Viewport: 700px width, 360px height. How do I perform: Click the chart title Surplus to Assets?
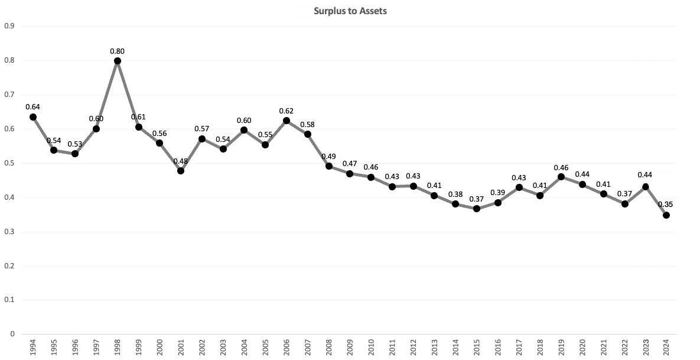[x=350, y=10]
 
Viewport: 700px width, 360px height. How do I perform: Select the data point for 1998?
[x=118, y=60]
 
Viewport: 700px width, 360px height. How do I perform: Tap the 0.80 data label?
[x=118, y=51]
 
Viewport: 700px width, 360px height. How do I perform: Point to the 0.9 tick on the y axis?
[x=9, y=26]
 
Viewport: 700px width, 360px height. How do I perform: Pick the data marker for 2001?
[x=181, y=171]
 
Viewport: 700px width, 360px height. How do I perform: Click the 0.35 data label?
[x=666, y=205]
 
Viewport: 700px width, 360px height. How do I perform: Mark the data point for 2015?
[x=477, y=208]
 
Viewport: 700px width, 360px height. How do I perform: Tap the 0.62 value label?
[x=286, y=111]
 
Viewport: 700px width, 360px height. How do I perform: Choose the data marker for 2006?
[x=286, y=121]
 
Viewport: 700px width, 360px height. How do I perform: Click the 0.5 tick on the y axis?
[x=9, y=163]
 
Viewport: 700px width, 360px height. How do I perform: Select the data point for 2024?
[x=666, y=215]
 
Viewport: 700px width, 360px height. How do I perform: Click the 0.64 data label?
[x=33, y=106]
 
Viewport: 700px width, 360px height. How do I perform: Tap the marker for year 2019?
[x=561, y=177]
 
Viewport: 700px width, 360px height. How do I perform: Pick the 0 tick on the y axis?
[x=11, y=334]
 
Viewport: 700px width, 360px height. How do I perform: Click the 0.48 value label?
[x=181, y=161]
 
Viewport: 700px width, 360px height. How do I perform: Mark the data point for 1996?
[x=75, y=154]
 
